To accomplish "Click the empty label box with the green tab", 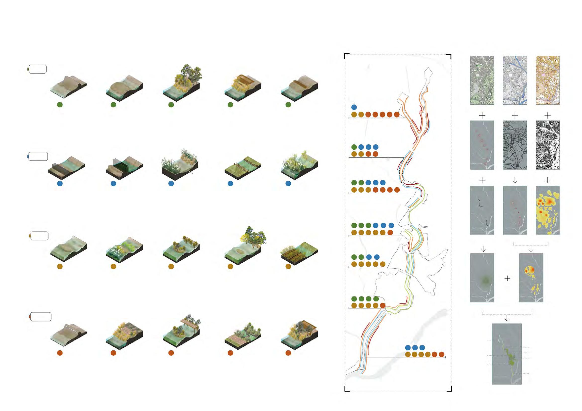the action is click(38, 69).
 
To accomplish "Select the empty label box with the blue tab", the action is click(38, 156).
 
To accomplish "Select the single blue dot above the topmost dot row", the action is click(354, 107).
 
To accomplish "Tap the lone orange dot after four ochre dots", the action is click(382, 306).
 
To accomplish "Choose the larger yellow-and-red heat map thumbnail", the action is click(547, 210).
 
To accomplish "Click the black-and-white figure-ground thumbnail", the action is click(547, 145).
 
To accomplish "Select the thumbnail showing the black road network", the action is click(515, 145).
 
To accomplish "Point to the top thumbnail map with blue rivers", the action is click(515, 80).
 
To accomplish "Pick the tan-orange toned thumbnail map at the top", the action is click(547, 80).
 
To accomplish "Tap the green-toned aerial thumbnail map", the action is click(482, 80).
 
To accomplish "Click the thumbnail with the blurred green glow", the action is click(482, 278).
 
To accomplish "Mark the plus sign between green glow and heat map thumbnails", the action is click(507, 278).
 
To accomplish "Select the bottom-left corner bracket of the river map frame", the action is click(347, 389).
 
